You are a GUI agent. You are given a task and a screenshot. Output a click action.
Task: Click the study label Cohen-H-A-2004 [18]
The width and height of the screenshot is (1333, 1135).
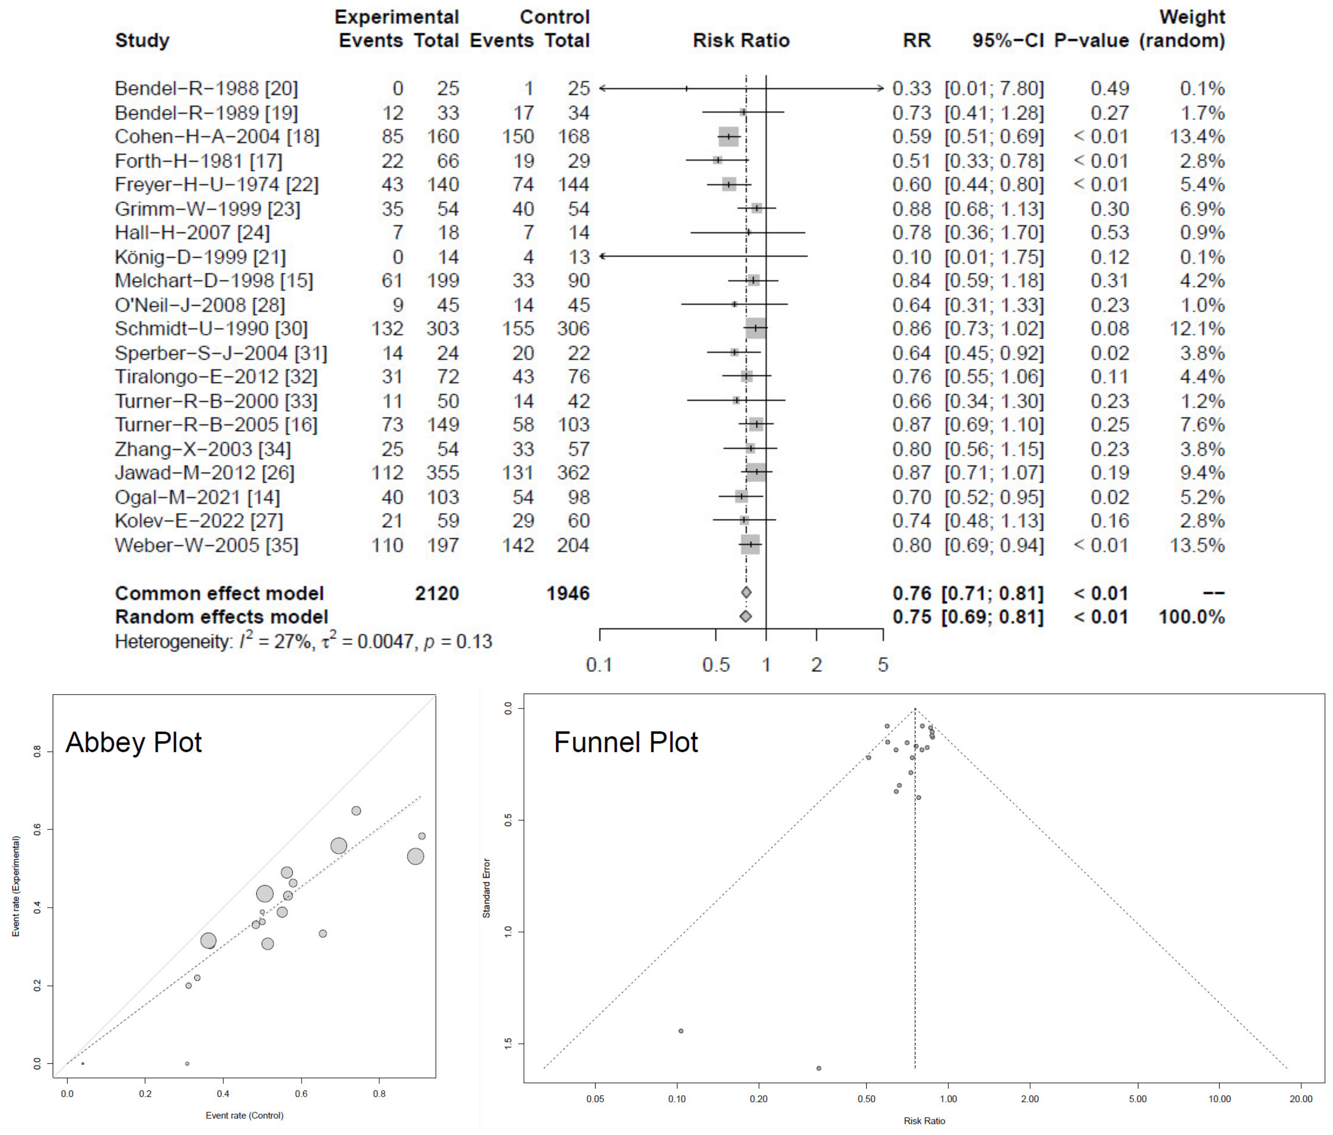click(217, 136)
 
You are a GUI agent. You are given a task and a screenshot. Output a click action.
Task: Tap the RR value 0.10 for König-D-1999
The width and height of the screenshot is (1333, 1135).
click(911, 257)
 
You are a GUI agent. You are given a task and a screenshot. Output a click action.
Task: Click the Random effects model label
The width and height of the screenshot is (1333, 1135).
click(221, 617)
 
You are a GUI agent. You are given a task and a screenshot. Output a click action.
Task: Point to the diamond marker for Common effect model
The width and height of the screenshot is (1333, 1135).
click(746, 593)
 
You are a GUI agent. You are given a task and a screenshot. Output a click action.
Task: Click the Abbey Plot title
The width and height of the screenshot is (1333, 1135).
click(134, 742)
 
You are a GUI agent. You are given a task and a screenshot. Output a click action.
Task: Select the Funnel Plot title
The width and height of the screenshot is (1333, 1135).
click(626, 742)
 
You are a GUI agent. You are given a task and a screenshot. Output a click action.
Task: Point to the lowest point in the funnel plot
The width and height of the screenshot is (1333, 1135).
click(819, 1068)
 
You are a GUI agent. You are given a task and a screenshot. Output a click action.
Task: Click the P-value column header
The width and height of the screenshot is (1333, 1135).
click(1091, 40)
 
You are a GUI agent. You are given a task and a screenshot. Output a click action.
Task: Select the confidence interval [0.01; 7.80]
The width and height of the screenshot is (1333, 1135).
click(994, 88)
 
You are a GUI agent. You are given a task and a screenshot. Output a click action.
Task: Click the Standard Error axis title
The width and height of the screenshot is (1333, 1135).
click(487, 888)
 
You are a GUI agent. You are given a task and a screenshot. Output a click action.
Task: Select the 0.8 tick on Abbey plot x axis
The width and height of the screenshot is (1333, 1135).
click(379, 1093)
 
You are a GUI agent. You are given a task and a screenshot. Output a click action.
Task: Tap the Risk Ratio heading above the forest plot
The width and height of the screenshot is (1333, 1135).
click(741, 40)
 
